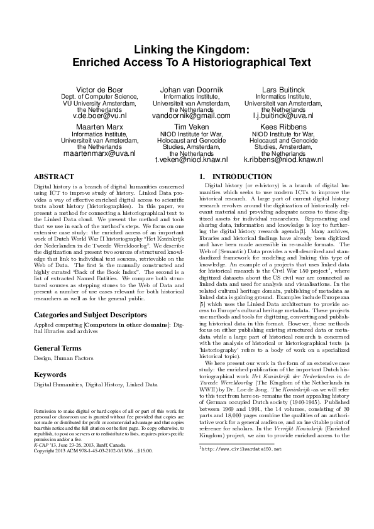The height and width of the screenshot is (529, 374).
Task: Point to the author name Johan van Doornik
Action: [x=187, y=90]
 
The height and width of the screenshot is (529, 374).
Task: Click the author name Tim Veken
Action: [x=187, y=126]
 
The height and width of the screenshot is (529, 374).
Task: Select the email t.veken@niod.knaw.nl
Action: [x=187, y=160]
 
